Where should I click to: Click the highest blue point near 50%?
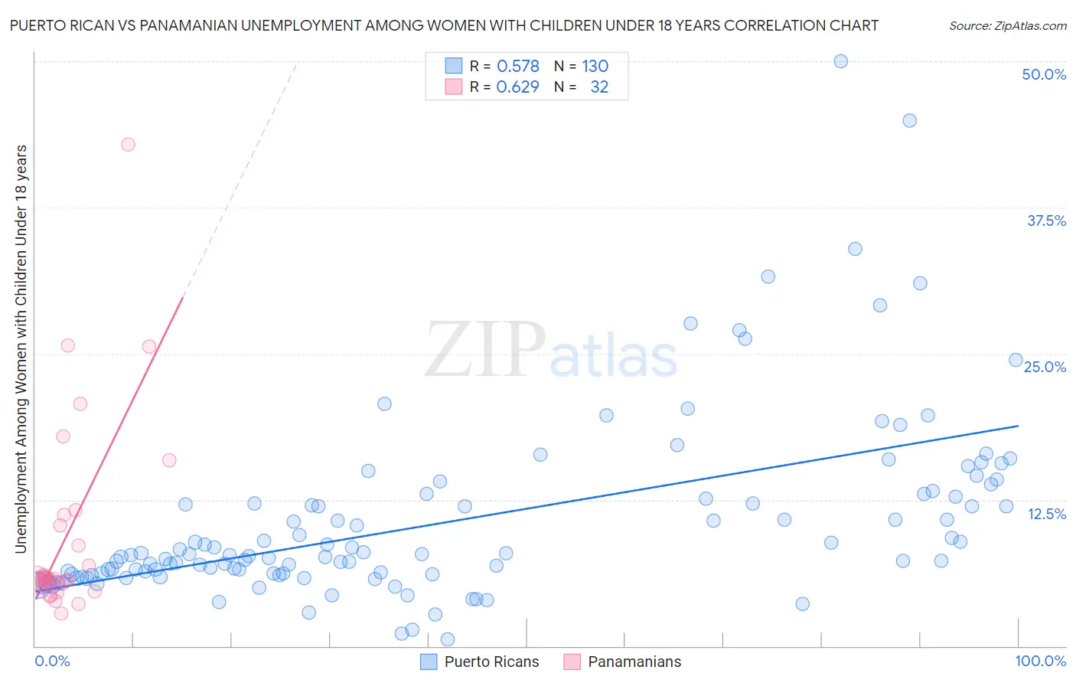840,61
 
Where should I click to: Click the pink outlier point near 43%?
128,145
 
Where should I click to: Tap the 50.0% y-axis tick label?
1044,74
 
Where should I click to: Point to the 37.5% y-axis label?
1046,221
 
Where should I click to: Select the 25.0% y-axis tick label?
1045,367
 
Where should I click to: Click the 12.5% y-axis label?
1046,514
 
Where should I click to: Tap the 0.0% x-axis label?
52,661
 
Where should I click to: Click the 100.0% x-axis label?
1040,661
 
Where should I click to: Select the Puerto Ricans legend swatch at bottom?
429,662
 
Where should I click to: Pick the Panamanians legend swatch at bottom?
572,662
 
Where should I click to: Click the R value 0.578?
518,66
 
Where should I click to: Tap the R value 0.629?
518,87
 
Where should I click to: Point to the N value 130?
595,66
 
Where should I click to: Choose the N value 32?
599,87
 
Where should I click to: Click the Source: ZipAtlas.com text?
1007,25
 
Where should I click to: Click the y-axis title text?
21,348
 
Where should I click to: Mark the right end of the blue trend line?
1018,425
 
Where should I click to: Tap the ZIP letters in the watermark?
484,350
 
